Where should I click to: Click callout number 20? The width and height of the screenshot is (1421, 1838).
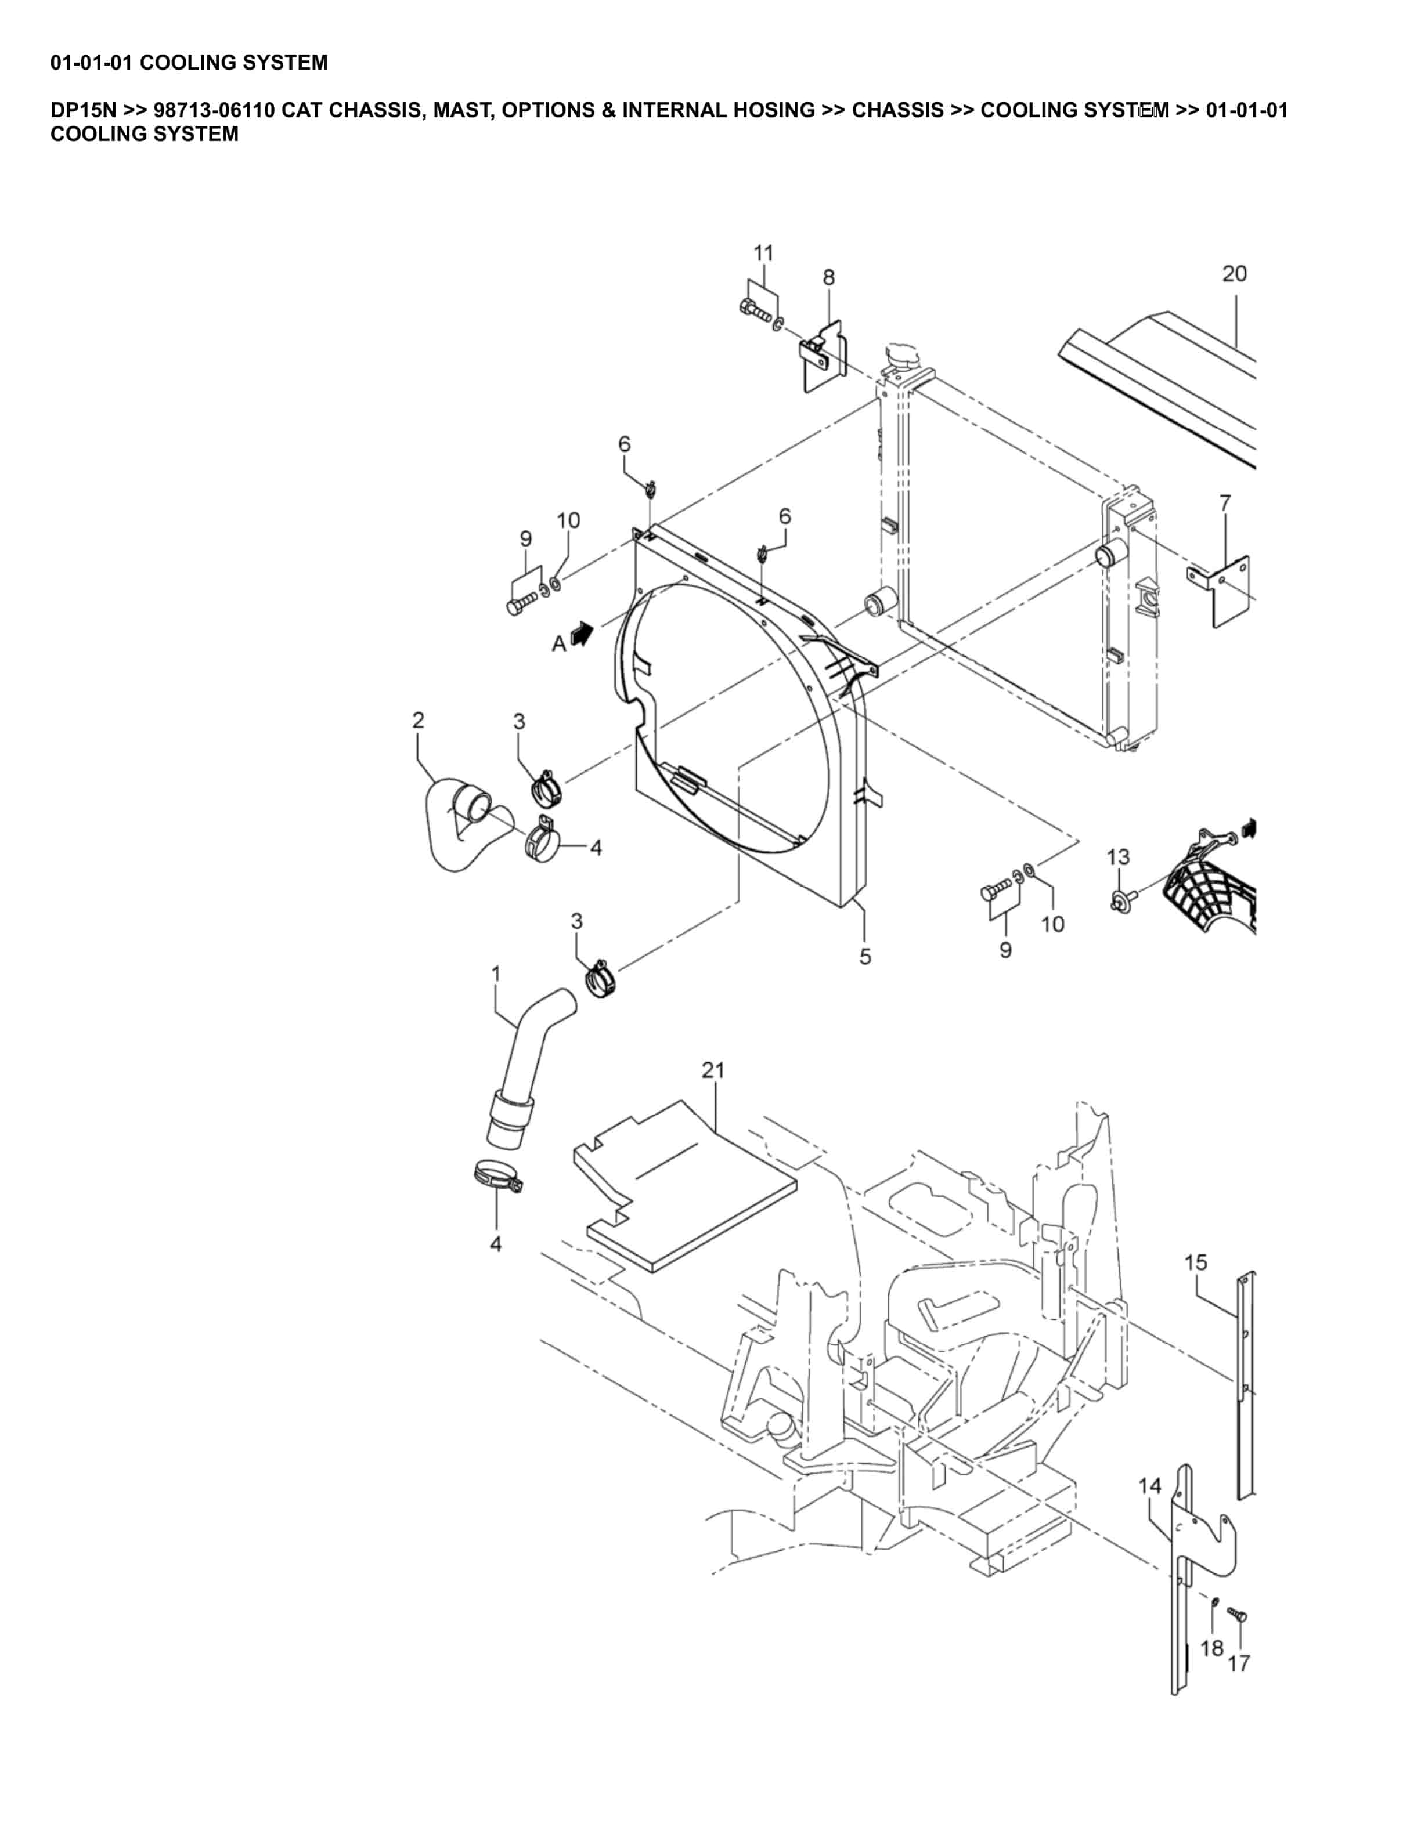(x=1234, y=273)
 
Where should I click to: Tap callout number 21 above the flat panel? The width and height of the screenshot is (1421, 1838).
(x=713, y=1070)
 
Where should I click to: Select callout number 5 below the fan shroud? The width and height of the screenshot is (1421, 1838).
(x=865, y=957)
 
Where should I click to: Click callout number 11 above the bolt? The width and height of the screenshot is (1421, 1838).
(x=763, y=252)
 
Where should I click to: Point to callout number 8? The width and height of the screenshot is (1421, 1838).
(x=829, y=277)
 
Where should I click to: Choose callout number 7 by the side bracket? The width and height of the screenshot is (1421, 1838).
(x=1225, y=503)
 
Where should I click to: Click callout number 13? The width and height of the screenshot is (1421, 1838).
(x=1118, y=857)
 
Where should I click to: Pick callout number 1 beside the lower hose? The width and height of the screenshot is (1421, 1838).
(x=496, y=974)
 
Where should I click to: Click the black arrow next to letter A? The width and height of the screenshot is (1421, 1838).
(x=582, y=633)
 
